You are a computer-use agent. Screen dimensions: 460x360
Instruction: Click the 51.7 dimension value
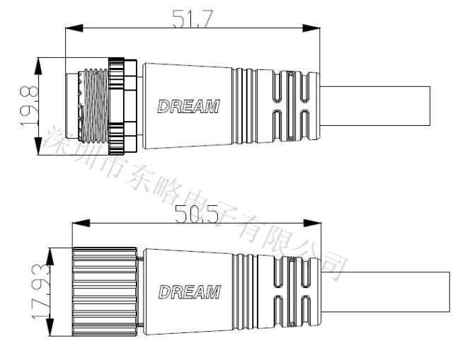pos(192,19)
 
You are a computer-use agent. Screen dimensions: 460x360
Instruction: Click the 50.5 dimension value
pos(197,214)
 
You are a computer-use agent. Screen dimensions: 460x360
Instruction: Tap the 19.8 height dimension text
pos(29,106)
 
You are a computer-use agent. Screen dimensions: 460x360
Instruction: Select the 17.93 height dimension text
pos(40,291)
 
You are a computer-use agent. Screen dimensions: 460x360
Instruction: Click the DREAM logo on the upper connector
pos(189,106)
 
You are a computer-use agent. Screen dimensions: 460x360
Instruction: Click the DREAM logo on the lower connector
pos(190,291)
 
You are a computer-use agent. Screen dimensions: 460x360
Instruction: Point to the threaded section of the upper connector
pos(95,106)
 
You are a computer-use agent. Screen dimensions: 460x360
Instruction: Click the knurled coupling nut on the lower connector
pos(105,291)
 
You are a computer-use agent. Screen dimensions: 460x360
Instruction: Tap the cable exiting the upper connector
pos(375,106)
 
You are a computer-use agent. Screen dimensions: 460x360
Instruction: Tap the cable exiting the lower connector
pos(386,291)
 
